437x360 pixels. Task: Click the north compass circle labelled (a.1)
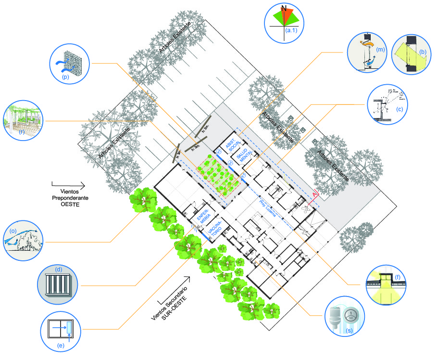(x=284, y=21)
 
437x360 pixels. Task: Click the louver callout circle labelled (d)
(x=58, y=283)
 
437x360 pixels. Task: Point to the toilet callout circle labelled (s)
(x=345, y=316)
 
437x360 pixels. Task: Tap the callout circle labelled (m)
(x=368, y=52)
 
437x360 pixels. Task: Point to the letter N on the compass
(x=284, y=8)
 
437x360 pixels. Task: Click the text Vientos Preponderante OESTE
(x=67, y=196)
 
